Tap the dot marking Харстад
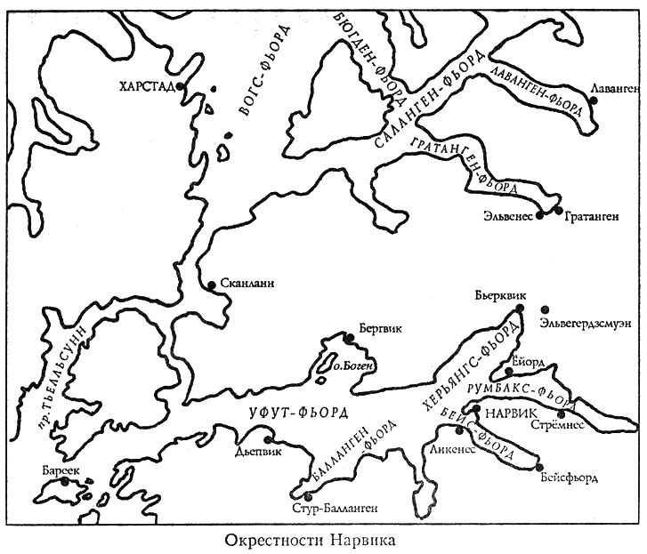coord(181,86)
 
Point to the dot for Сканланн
coord(211,285)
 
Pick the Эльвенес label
coord(507,214)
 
